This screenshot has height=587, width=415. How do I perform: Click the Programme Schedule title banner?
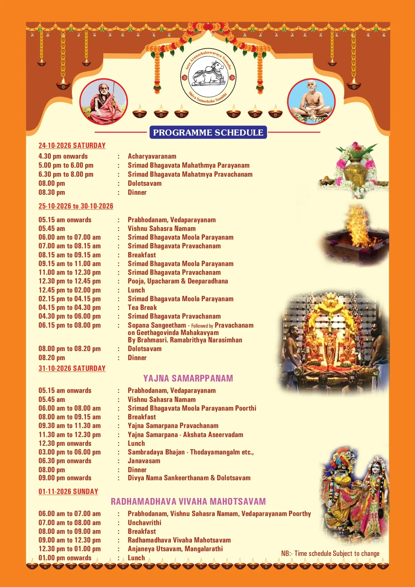208,133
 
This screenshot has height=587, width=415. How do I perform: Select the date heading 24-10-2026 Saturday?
72,146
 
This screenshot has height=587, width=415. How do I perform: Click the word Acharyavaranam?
152,156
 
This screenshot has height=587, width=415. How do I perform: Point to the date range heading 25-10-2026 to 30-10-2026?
76,206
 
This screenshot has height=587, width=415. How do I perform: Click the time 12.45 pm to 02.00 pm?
69,290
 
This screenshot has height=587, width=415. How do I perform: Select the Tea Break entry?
142,308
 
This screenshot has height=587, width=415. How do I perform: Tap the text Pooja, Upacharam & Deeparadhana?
178,281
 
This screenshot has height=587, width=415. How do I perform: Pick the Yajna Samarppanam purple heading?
188,379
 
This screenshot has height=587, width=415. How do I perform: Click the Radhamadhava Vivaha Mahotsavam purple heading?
188,501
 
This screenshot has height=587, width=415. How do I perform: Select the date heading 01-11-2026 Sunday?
68,492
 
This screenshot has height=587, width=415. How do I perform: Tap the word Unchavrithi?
144,523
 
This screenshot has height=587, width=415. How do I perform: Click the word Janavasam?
144,461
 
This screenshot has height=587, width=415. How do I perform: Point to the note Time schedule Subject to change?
330,554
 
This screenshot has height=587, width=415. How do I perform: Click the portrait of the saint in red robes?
104,102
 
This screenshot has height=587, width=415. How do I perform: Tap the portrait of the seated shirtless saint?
311,102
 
